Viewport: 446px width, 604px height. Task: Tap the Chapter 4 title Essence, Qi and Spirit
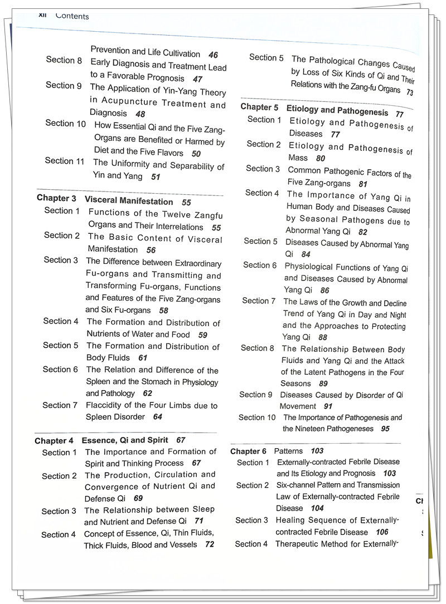[125, 440]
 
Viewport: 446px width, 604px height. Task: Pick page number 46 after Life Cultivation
[213, 55]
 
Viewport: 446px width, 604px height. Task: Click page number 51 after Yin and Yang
[156, 177]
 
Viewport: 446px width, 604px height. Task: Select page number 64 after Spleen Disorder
[158, 417]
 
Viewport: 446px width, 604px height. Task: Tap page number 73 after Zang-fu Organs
[410, 92]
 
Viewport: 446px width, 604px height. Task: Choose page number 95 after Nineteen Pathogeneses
[385, 429]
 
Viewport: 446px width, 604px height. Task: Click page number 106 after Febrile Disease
[382, 532]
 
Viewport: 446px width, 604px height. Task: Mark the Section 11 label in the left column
[65, 161]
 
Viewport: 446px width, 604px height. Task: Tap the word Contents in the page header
[72, 16]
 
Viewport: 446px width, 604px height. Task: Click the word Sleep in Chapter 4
[201, 509]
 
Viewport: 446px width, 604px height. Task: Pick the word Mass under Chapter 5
[298, 158]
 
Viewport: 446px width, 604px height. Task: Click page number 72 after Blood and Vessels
[210, 544]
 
